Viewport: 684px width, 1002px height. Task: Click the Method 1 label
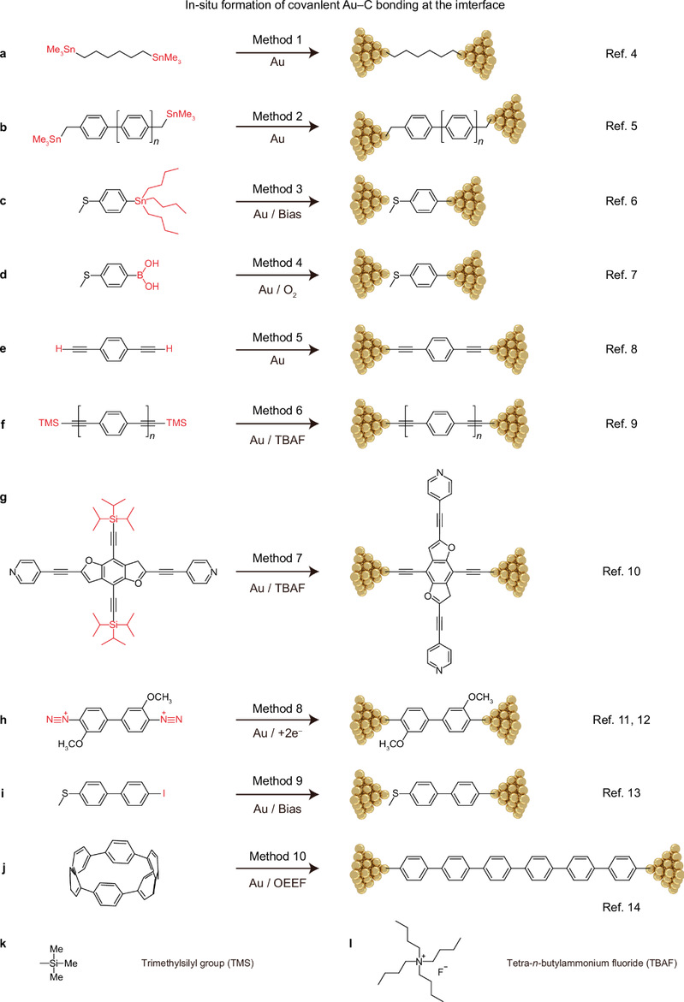tap(277, 39)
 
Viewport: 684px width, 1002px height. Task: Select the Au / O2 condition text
tap(277, 290)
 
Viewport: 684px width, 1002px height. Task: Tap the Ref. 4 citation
tap(622, 54)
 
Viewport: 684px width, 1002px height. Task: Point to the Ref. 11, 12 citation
tap(622, 720)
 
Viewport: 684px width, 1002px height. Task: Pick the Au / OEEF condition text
tap(277, 882)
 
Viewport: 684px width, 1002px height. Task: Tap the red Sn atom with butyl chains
tap(140, 200)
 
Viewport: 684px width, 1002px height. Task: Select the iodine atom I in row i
tap(164, 793)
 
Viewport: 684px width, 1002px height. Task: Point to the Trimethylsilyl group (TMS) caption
tap(198, 963)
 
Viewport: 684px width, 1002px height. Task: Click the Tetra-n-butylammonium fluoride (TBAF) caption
tap(592, 963)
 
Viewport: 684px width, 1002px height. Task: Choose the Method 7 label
tap(277, 558)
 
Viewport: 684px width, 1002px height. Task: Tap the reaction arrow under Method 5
tap(277, 350)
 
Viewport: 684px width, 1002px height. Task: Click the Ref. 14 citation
tap(622, 907)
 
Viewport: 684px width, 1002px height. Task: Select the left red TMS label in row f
tap(49, 423)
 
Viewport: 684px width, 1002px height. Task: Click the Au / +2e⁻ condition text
tap(277, 733)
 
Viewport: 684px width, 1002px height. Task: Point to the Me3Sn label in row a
tap(61, 50)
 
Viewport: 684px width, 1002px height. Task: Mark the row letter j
tap(3, 869)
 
